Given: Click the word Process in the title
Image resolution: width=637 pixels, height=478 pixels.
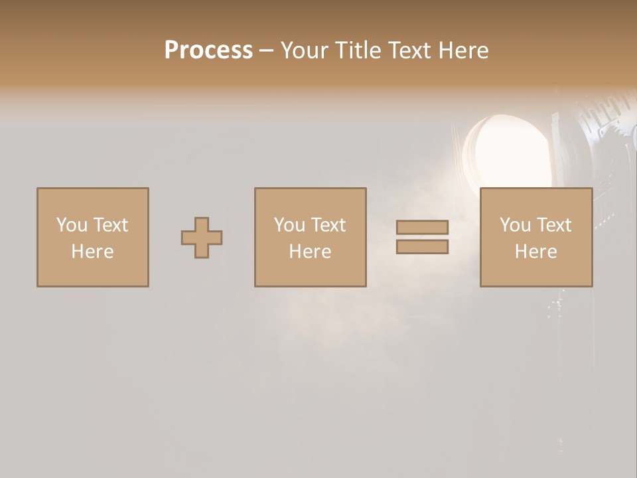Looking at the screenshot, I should click(x=208, y=50).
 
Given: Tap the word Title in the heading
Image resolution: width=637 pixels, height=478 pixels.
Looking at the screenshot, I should click(x=358, y=50).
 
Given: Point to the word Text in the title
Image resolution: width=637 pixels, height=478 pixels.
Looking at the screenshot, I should click(x=409, y=50).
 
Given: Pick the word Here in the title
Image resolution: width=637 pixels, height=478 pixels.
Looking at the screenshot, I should click(x=464, y=50).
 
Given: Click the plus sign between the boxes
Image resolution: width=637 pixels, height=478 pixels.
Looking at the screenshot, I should click(x=202, y=238).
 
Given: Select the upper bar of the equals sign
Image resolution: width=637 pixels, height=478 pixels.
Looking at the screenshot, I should click(x=422, y=227).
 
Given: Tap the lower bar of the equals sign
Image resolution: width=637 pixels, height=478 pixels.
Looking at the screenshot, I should click(x=422, y=247).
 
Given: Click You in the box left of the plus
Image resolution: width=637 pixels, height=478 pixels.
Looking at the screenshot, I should click(x=72, y=225).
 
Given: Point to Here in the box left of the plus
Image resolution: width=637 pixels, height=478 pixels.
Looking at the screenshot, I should click(x=92, y=252).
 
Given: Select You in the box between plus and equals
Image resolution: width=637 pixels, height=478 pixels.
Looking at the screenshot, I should click(x=289, y=225).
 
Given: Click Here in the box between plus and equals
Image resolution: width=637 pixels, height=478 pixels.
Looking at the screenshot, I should click(x=310, y=252).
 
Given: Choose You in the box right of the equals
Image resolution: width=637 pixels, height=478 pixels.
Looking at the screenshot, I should click(x=515, y=225).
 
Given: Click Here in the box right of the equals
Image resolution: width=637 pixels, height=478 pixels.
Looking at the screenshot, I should click(x=535, y=252).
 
